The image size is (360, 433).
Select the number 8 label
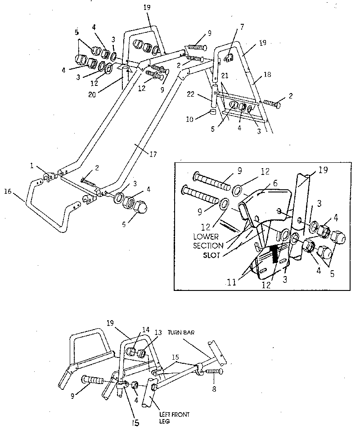pyautogui.click(x=214, y=389)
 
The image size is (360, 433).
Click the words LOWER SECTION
pyautogui.click(x=208, y=241)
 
